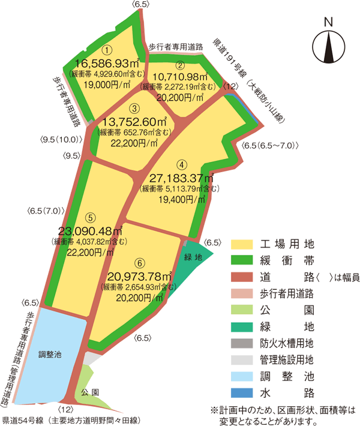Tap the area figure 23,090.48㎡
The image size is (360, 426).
[x=91, y=231]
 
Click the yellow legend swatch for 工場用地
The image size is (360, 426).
[x=242, y=244]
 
